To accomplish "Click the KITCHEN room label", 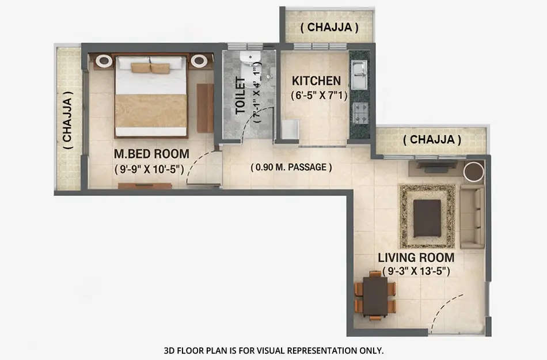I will [316, 81].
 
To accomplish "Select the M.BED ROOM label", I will [151, 154].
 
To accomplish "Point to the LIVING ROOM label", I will [416, 257].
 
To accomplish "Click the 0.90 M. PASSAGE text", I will [291, 168].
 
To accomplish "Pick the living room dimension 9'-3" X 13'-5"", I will [416, 271].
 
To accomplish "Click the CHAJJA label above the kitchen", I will [330, 27].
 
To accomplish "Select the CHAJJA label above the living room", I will [432, 139].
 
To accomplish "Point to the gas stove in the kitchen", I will [360, 112].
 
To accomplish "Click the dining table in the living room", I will [375, 296].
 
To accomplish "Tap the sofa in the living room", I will [472, 217].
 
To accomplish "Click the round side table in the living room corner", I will [473, 171].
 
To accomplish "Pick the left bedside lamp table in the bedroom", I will [104, 61].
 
